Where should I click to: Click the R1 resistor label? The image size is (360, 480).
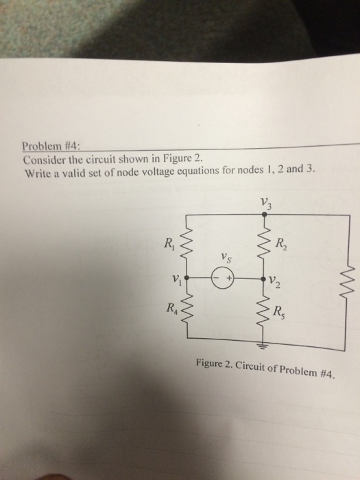tap(169, 243)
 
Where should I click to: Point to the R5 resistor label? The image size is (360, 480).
tap(279, 312)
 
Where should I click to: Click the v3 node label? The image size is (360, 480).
tap(266, 203)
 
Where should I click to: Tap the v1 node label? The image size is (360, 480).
tap(177, 279)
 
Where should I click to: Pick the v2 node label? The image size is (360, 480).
tap(274, 283)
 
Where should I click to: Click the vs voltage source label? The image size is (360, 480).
tap(226, 259)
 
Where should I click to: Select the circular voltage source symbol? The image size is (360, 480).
tap(222, 279)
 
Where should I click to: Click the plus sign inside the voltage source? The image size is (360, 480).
tap(228, 279)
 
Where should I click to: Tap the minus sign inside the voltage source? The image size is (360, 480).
tap(216, 278)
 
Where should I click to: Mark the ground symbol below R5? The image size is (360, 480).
tap(263, 346)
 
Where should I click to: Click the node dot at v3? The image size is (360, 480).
tap(265, 215)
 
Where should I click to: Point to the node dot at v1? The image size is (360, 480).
tap(187, 278)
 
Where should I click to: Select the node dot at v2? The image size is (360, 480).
tap(264, 279)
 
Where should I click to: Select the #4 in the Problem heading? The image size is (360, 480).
tap(71, 146)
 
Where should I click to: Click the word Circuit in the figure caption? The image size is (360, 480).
tap(250, 366)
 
